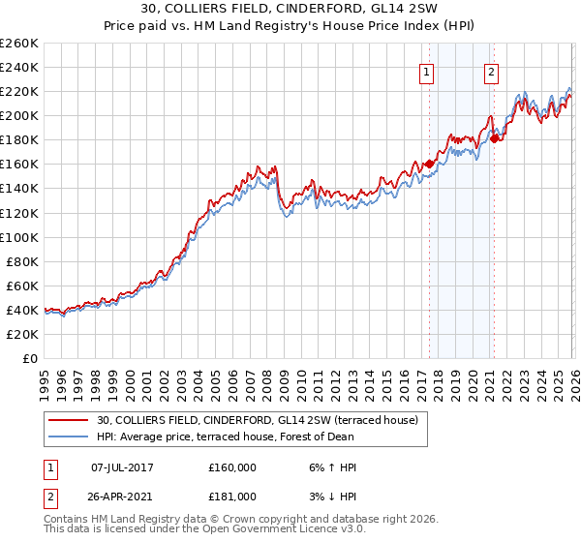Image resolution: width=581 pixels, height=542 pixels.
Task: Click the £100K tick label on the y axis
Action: click(x=19, y=237)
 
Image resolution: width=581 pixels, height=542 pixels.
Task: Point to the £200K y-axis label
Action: click(x=19, y=115)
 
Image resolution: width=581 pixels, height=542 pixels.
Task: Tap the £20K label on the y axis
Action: click(x=22, y=334)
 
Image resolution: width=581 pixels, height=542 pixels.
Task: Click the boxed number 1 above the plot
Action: click(x=426, y=71)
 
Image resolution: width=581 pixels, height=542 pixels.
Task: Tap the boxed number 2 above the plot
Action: click(x=492, y=71)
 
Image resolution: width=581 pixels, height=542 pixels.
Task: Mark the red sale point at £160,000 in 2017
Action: click(x=429, y=164)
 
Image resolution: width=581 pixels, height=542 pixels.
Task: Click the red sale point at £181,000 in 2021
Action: click(x=494, y=138)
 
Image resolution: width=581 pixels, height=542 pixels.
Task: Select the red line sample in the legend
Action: click(x=68, y=420)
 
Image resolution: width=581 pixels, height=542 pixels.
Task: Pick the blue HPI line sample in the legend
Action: click(x=68, y=437)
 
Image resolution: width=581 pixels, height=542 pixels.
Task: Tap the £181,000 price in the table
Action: click(x=232, y=497)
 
